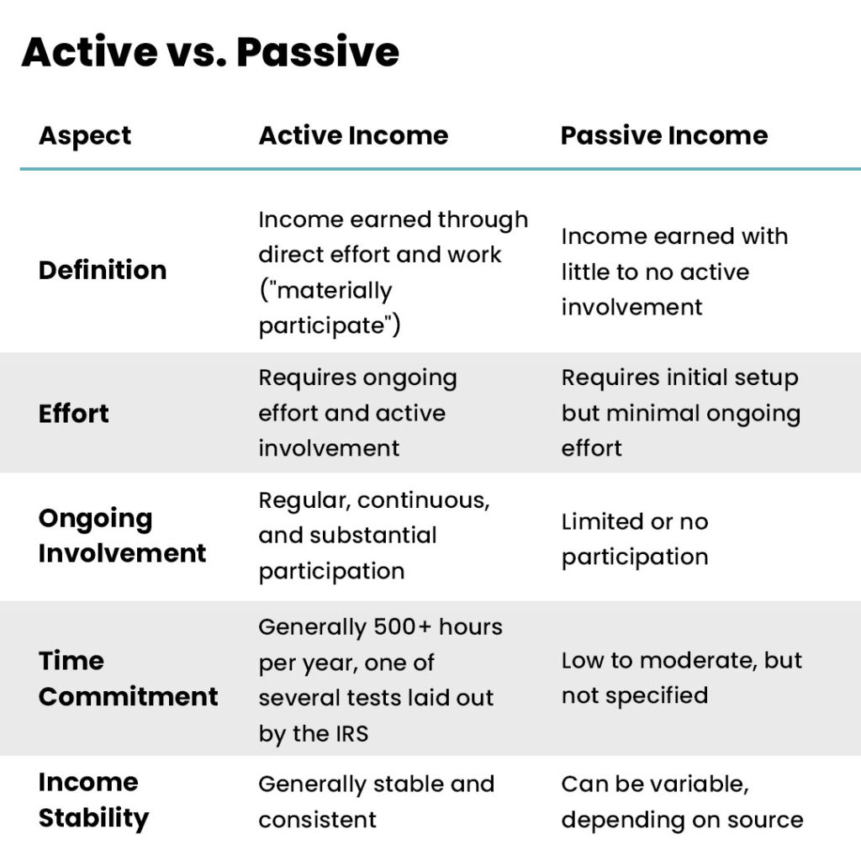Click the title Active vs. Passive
click(210, 52)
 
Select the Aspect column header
click(85, 136)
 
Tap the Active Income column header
click(354, 135)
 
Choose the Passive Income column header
click(664, 135)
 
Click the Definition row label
click(103, 270)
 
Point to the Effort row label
click(74, 414)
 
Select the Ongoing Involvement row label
click(123, 536)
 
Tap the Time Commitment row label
click(129, 679)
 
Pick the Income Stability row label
click(94, 800)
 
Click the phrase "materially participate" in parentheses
click(330, 308)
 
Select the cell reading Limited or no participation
click(635, 539)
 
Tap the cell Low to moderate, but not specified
click(681, 679)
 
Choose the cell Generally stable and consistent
click(376, 801)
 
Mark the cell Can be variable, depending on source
click(682, 801)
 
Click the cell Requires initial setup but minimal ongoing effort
click(681, 413)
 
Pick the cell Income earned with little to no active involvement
click(674, 272)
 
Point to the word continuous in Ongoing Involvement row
click(424, 501)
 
